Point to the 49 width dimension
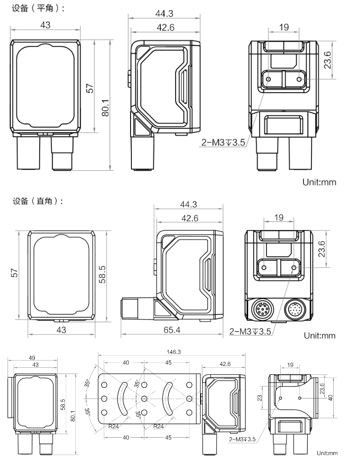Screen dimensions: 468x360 click(x=33, y=357)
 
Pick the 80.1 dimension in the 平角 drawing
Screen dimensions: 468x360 click(x=105, y=107)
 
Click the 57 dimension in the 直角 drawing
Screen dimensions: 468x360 click(x=14, y=273)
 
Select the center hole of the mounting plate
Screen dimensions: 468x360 click(x=144, y=398)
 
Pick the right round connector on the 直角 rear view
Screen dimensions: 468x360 click(x=295, y=308)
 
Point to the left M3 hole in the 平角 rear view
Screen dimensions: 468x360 click(x=268, y=80)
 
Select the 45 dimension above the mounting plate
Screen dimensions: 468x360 click(x=168, y=363)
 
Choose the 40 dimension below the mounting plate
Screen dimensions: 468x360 click(x=126, y=438)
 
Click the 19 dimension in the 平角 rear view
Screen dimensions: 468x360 click(x=283, y=27)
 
